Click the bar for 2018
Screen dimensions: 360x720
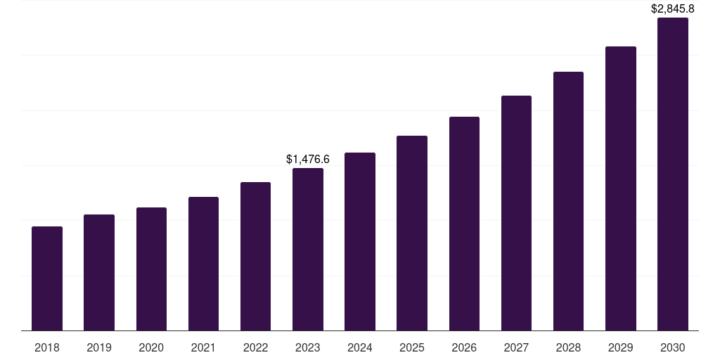tap(47, 278)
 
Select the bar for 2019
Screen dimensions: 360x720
tap(99, 273)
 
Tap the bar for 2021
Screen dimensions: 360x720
tap(203, 264)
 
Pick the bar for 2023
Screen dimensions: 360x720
tap(308, 250)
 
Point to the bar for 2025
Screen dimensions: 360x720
tap(412, 233)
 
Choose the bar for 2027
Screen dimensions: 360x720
tap(516, 213)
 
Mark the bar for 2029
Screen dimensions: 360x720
tap(621, 188)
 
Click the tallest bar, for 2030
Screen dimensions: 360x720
tap(673, 174)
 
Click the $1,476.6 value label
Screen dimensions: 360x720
tap(308, 160)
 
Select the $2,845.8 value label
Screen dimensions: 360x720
tap(673, 9)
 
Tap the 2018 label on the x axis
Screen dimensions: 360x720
tap(47, 347)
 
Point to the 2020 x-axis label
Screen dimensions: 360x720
tap(151, 347)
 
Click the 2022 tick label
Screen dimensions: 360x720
tap(255, 347)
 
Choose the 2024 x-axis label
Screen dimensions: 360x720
tap(360, 347)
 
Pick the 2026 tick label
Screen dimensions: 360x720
tap(464, 347)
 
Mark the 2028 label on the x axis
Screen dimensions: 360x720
tap(568, 347)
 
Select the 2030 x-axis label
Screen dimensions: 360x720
tap(673, 347)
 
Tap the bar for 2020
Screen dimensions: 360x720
tap(151, 269)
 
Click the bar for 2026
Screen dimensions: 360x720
tap(464, 224)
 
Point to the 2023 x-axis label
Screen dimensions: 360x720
tap(308, 347)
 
